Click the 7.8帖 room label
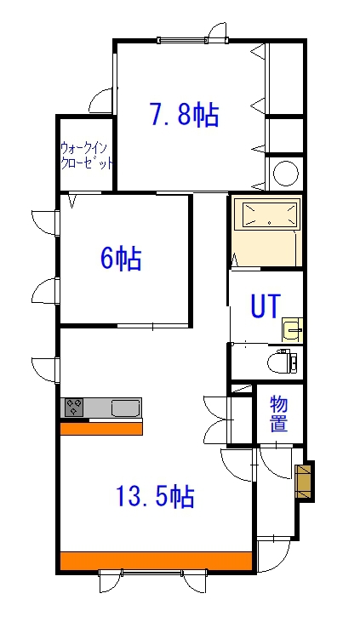click(184, 114)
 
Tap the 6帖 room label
click(121, 258)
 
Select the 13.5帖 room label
click(156, 495)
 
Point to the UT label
click(264, 306)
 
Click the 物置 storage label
click(278, 414)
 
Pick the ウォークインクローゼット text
click(86, 156)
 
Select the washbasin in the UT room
click(292, 329)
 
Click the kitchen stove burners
click(74, 408)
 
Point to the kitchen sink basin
click(126, 408)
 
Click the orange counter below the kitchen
click(101, 428)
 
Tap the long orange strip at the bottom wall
click(156, 562)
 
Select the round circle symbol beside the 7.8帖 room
click(285, 175)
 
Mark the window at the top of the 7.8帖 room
click(181, 39)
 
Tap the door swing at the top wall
click(218, 35)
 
